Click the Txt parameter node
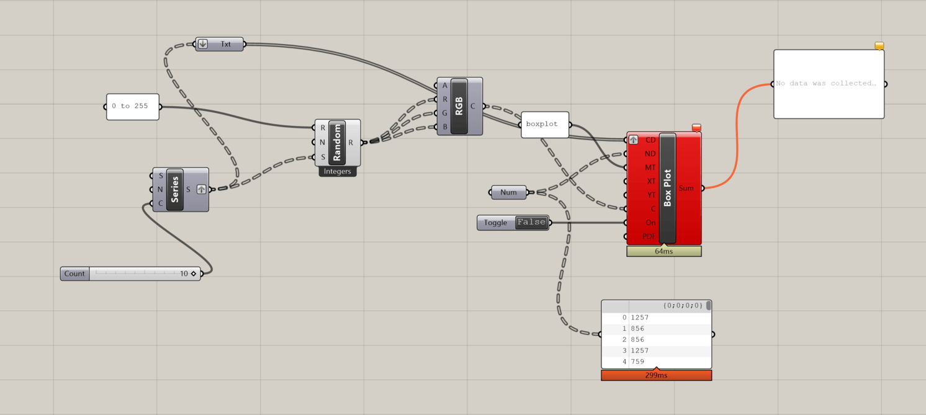tap(225, 45)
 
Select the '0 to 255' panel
tap(132, 107)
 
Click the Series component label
tap(175, 189)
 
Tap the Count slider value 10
tap(184, 274)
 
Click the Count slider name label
tap(74, 274)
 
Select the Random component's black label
tap(337, 143)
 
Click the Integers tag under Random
tap(337, 172)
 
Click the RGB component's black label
tap(459, 106)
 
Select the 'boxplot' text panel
tap(544, 124)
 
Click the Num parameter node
tap(508, 192)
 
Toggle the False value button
tap(532, 222)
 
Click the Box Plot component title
tap(668, 188)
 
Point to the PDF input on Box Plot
tap(649, 236)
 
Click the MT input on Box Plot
tap(650, 167)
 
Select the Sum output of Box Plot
tap(686, 188)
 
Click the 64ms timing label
tap(663, 251)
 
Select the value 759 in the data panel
tap(637, 362)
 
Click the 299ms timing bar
tap(656, 375)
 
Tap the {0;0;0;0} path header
tap(682, 306)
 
